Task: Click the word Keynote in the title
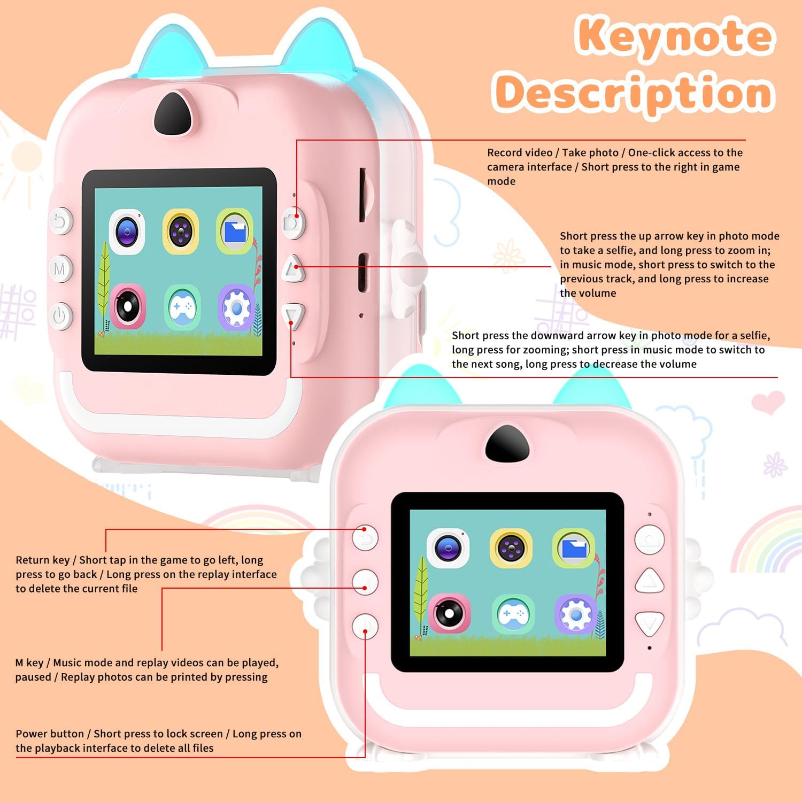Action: pos(675,36)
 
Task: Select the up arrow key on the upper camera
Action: pos(293,268)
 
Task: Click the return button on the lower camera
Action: pos(365,537)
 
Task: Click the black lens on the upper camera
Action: pos(173,114)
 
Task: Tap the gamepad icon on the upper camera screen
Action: pos(182,307)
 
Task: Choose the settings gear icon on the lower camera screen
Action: pos(575,615)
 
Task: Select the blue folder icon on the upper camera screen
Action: pos(235,232)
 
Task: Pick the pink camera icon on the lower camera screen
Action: pos(449,613)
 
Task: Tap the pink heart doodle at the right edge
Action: pos(767,402)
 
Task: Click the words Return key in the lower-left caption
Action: pos(43,560)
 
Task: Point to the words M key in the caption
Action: pos(29,663)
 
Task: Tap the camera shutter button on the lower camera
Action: pos(649,539)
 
